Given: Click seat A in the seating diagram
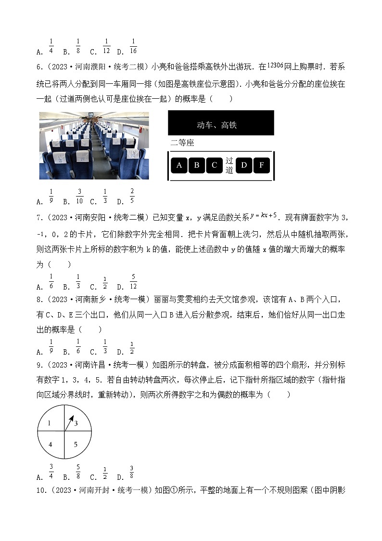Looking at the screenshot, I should (179, 165).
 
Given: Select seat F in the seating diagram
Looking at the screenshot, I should (261, 165).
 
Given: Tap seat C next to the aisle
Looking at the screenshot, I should (214, 165).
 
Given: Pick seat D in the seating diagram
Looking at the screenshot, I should (244, 165).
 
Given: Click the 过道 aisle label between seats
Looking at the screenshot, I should (229, 165).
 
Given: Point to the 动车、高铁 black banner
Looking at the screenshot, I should (221, 123).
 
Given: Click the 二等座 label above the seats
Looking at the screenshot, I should (182, 143).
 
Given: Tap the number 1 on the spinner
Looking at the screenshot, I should (50, 423).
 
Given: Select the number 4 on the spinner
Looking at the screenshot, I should (50, 444).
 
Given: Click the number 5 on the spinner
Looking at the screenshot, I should (76, 444).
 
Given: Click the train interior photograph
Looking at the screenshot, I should (94, 145).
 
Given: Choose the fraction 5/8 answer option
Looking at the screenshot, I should (78, 472).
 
